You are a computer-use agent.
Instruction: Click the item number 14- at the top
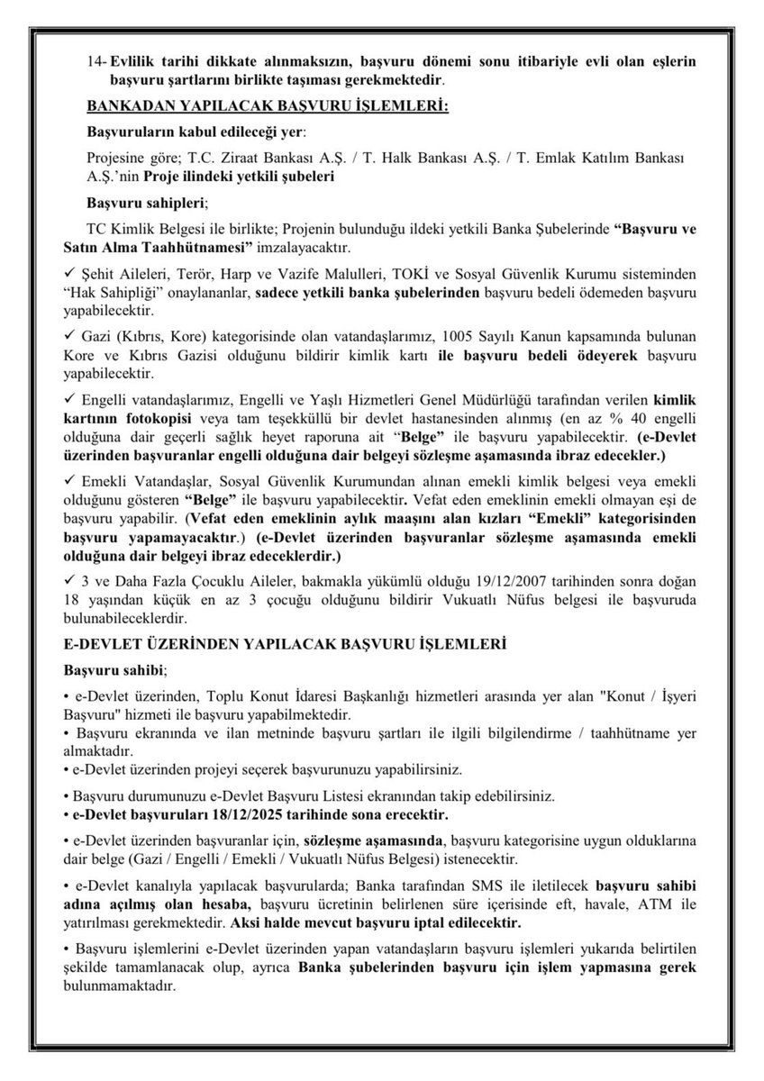(95, 61)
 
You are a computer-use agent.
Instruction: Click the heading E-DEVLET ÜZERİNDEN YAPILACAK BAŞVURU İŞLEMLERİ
(284, 645)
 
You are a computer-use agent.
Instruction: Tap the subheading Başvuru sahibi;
(114, 671)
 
